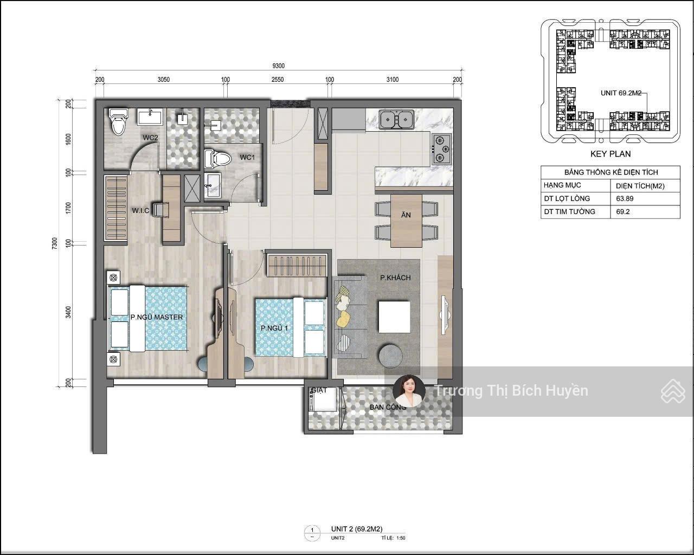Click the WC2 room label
tap(150, 138)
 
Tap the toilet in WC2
tap(118, 122)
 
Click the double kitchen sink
tap(397, 119)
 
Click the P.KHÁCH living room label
tap(395, 277)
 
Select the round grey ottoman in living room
tap(390, 355)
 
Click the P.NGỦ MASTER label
tap(157, 317)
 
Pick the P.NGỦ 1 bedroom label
tap(274, 328)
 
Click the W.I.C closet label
tap(140, 210)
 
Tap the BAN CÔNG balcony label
tap(388, 407)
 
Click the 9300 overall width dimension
tap(279, 66)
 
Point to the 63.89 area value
tap(625, 198)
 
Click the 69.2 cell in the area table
tap(622, 211)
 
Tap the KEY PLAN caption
tap(610, 154)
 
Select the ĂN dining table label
tap(406, 215)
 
